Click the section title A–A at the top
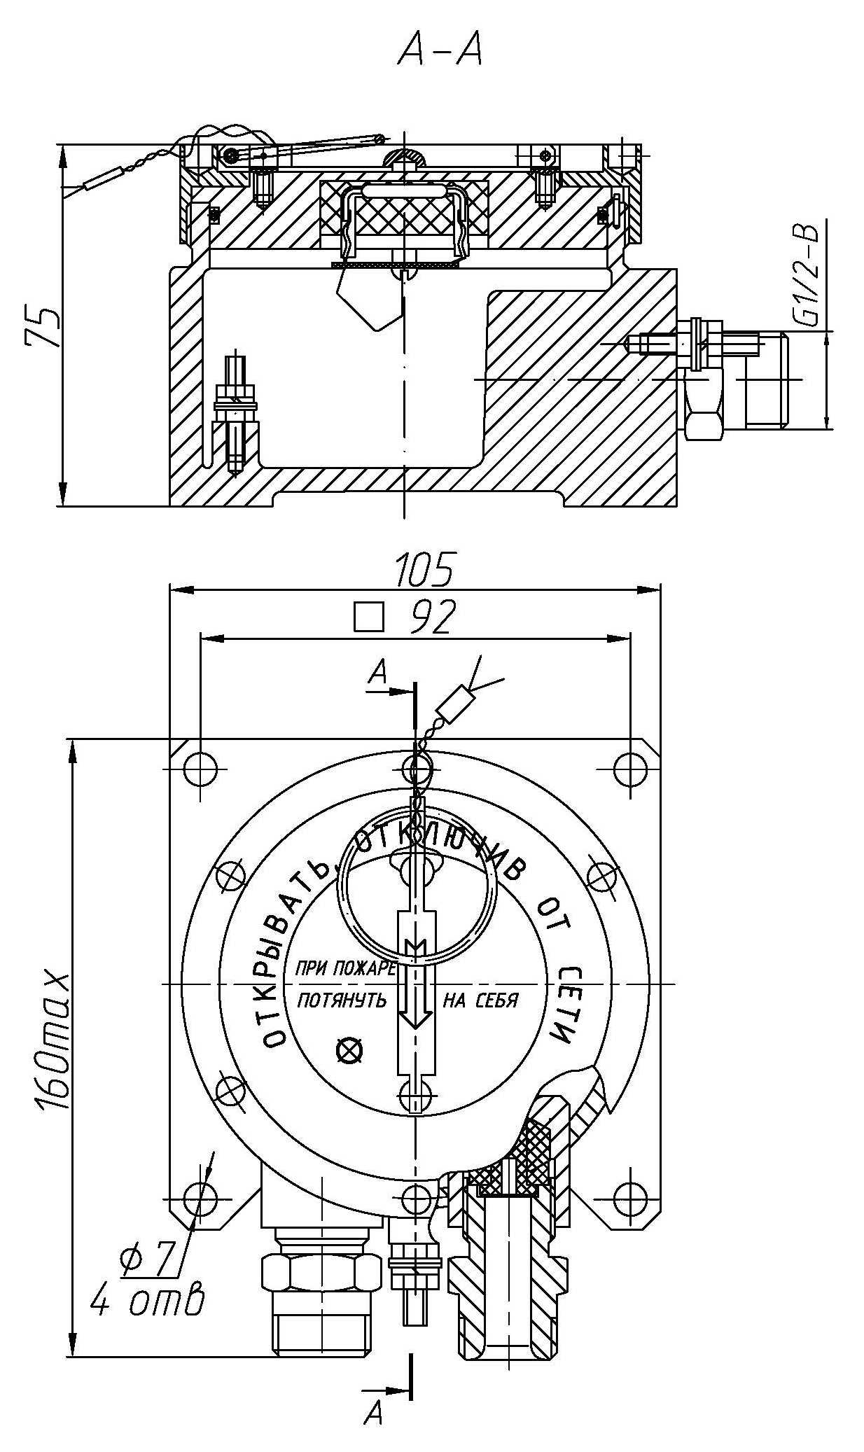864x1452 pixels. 440,50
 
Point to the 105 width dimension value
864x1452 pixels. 424,570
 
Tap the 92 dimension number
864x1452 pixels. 433,617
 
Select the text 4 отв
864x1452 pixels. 147,1300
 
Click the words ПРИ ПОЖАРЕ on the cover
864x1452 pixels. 346,969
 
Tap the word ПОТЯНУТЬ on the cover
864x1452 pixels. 342,1000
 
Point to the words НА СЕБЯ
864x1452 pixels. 480,1000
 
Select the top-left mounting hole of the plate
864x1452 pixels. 200,769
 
